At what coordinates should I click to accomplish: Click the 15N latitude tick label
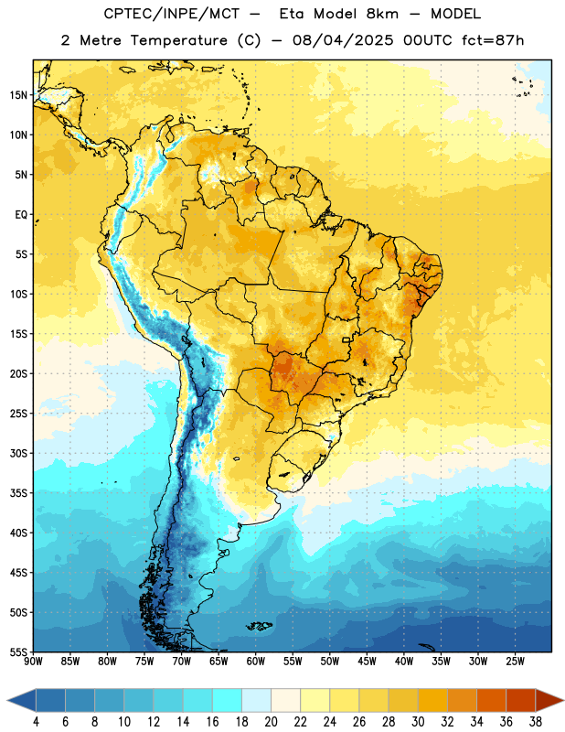(x=18, y=95)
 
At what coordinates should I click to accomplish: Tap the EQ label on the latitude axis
(x=21, y=215)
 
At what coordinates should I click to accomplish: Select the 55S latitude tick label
(x=18, y=651)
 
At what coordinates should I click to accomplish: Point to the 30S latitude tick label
(x=18, y=453)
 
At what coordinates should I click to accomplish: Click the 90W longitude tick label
(x=34, y=661)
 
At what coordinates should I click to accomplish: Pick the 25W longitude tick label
(x=515, y=661)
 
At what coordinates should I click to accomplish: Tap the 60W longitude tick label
(x=256, y=661)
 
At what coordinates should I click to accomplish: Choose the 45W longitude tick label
(x=367, y=661)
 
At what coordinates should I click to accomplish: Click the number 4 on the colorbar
(x=36, y=722)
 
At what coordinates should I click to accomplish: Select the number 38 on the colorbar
(x=535, y=722)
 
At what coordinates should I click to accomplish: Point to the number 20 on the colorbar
(x=271, y=722)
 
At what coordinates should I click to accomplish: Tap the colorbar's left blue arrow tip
(x=7, y=700)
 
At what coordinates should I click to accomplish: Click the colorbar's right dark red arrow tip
(x=563, y=700)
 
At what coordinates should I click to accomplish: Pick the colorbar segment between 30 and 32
(x=432, y=700)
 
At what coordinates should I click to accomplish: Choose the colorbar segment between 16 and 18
(x=227, y=700)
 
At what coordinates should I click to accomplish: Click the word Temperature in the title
(x=178, y=40)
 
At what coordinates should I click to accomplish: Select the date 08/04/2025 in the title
(x=343, y=40)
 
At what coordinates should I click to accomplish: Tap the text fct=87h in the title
(x=493, y=40)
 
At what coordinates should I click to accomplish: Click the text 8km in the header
(x=382, y=14)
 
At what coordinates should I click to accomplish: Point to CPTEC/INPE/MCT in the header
(x=172, y=14)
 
